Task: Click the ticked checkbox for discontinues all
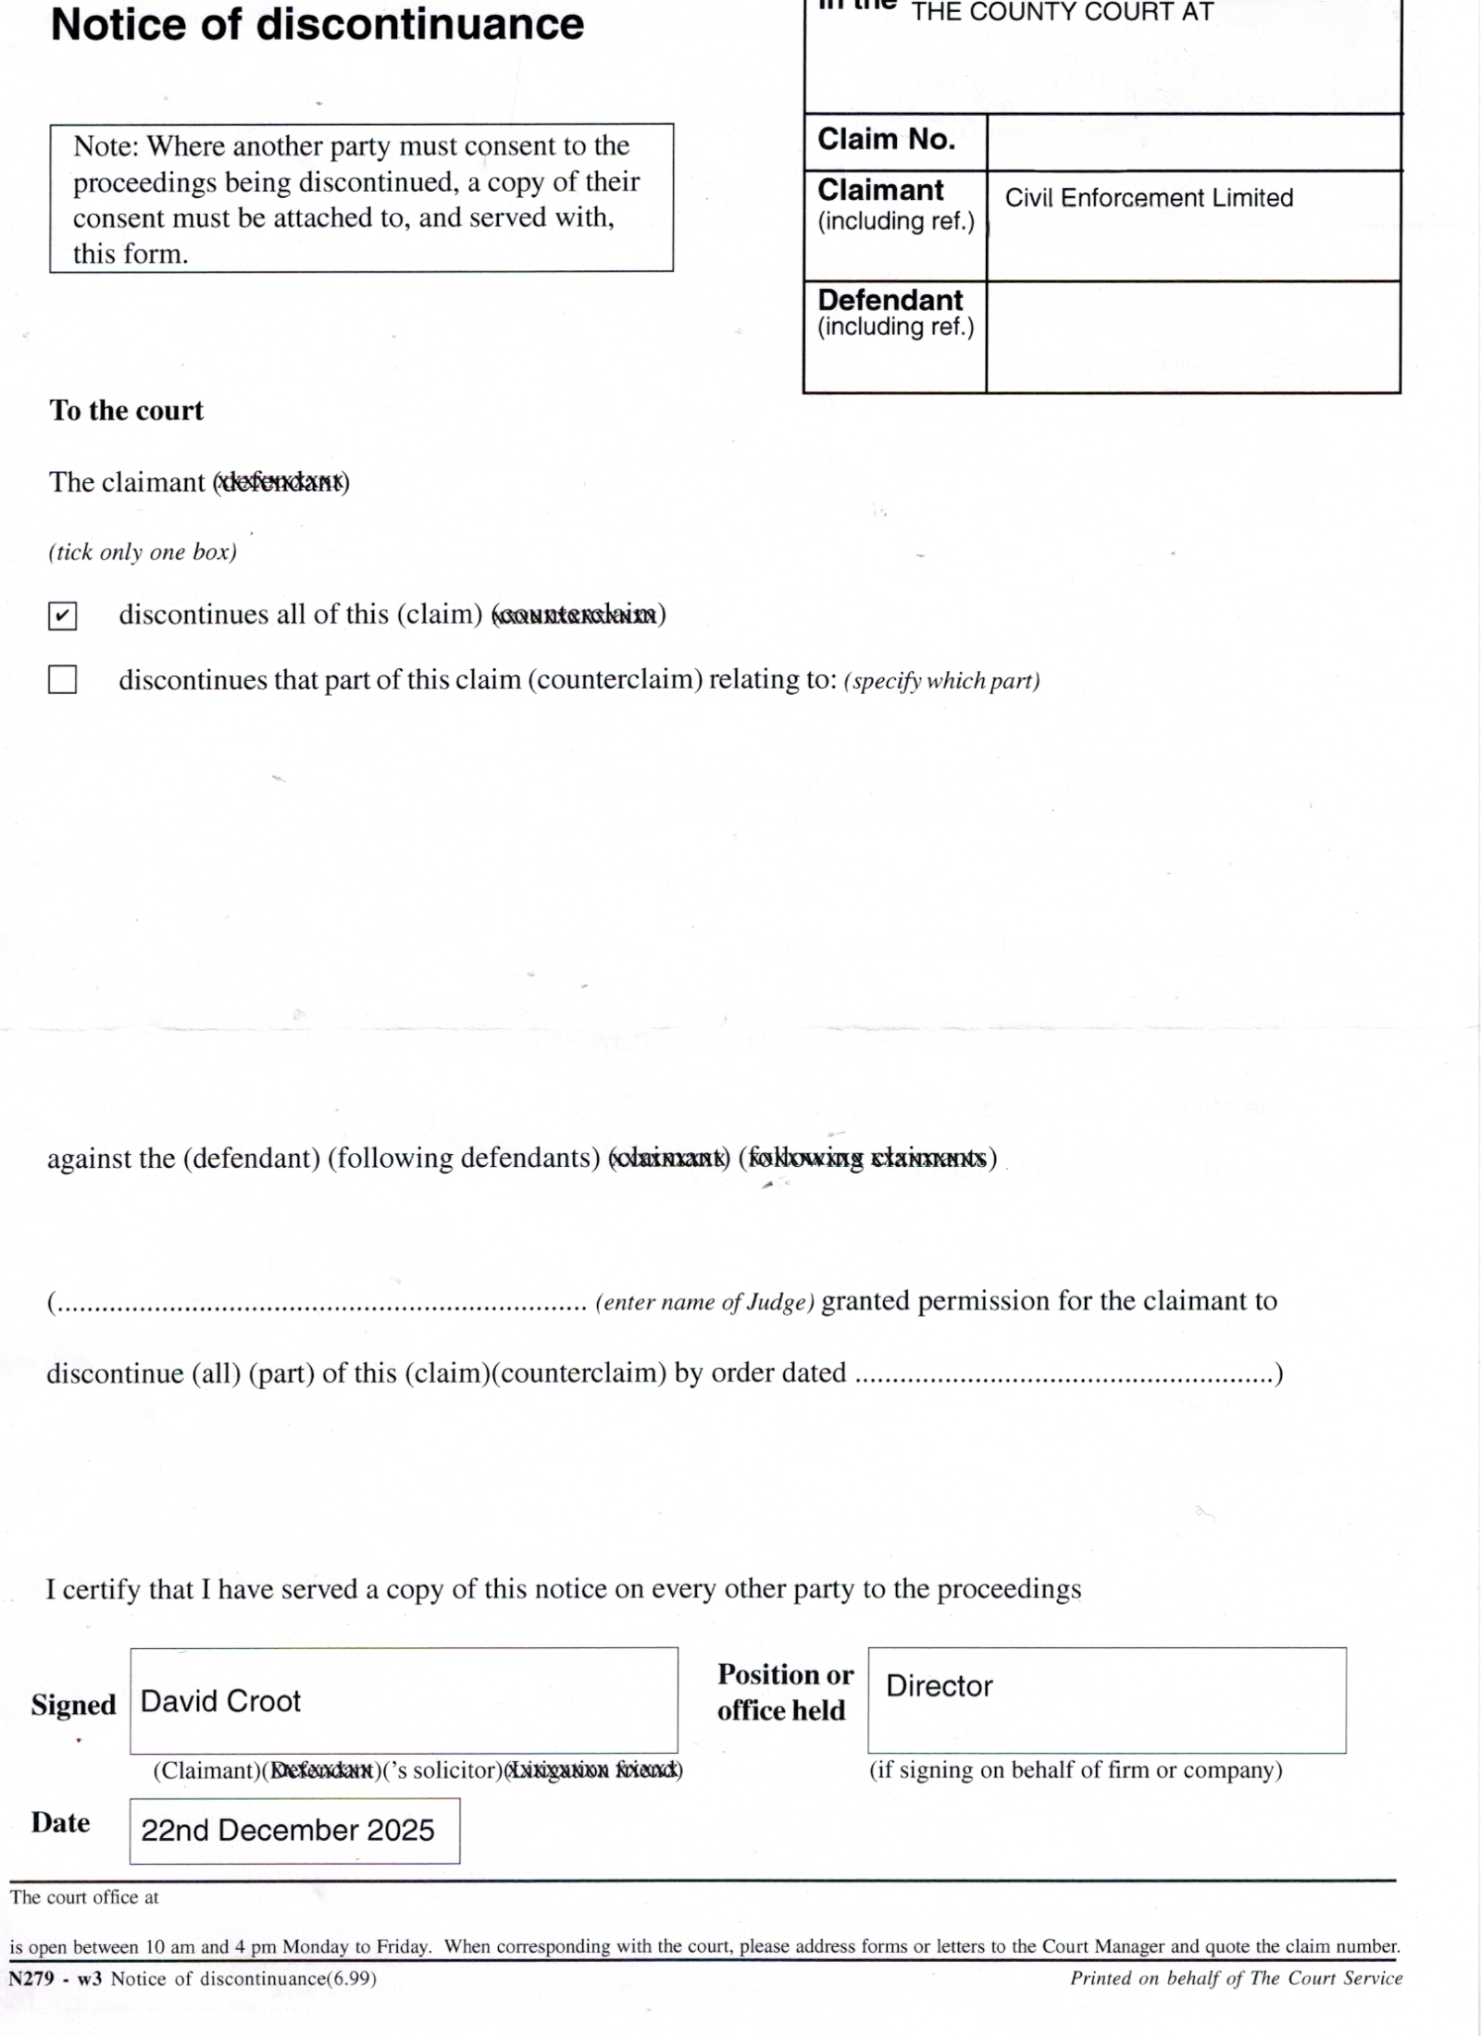click(62, 615)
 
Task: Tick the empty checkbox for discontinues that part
click(62, 680)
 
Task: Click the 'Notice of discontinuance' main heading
click(317, 25)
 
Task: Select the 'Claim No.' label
click(886, 140)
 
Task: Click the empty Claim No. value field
click(1193, 143)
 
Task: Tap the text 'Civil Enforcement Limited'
click(1149, 198)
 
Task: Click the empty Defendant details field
click(1193, 337)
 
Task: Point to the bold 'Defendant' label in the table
click(890, 300)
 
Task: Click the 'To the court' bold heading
click(126, 411)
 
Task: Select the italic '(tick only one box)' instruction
click(143, 552)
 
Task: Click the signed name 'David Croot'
click(220, 1701)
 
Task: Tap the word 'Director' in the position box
click(939, 1686)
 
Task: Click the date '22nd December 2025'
click(287, 1831)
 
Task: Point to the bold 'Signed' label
click(73, 1705)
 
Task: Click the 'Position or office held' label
click(784, 1693)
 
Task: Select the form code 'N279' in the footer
click(31, 1979)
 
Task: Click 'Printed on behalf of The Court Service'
click(1236, 1979)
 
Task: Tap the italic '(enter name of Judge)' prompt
click(704, 1303)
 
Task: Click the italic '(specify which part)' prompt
click(941, 681)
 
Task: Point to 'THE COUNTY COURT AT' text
click(1062, 13)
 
